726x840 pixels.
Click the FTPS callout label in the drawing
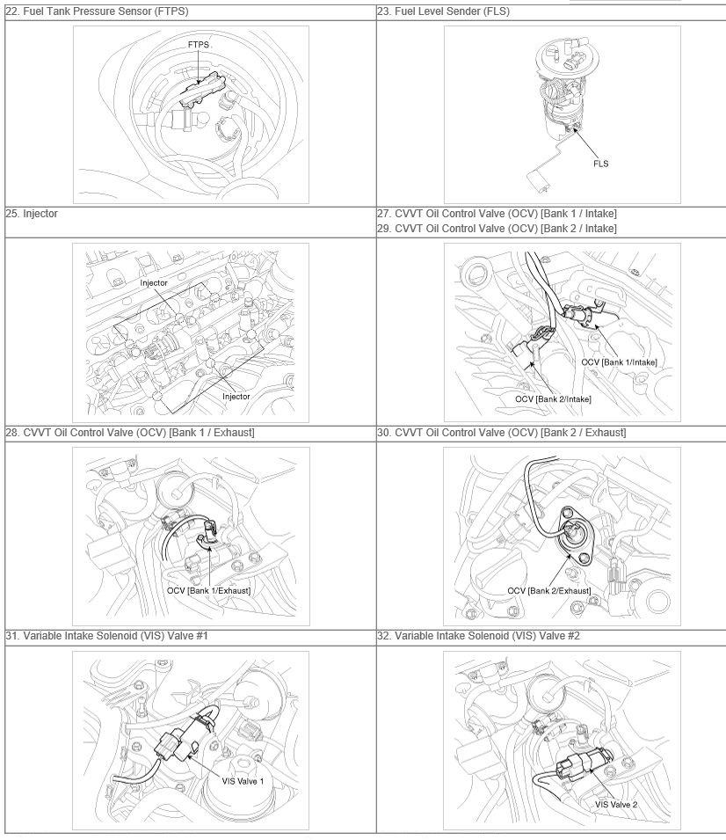pos(198,45)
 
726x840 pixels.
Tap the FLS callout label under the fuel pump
pos(600,164)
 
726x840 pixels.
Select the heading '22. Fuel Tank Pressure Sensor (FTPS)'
pos(97,11)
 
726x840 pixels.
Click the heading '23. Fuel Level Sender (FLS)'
pos(443,11)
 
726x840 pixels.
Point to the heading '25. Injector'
pos(32,213)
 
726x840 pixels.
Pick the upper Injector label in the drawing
pos(154,282)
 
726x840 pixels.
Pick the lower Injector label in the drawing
pos(236,397)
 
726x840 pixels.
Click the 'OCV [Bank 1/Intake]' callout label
pos(619,362)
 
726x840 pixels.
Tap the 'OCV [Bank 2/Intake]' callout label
pos(553,399)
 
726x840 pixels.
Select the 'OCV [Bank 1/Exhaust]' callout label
pos(208,590)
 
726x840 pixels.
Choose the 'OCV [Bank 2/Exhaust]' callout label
pos(549,590)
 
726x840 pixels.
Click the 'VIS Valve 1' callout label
pos(243,781)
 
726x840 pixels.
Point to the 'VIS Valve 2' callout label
pos(616,805)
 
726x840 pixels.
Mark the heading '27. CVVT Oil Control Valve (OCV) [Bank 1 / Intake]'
pos(497,213)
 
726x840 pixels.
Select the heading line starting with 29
pos(497,228)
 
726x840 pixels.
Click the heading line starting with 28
pos(130,433)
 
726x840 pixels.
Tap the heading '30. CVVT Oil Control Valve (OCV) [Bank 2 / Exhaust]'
pos(502,433)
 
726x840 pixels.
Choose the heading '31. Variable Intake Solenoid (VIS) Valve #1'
pos(106,636)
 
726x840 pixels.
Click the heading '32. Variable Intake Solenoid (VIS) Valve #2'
pos(478,636)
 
